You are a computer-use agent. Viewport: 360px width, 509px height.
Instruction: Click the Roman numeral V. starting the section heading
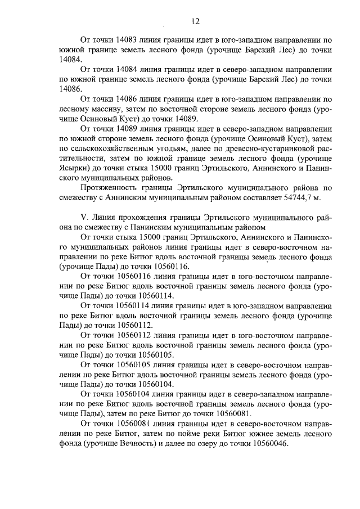click(x=85, y=217)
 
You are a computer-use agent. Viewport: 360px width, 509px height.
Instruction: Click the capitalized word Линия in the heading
click(x=106, y=217)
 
